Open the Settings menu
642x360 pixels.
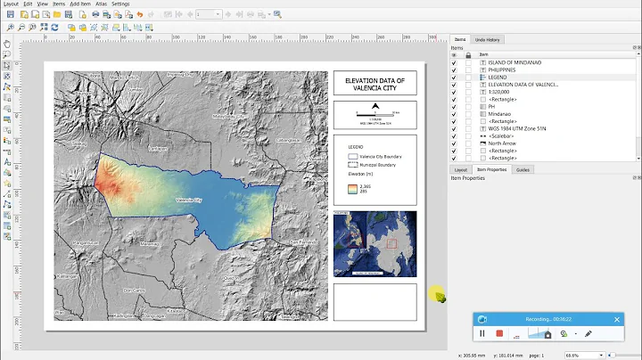[x=119, y=4]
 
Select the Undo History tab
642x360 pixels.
[x=487, y=39]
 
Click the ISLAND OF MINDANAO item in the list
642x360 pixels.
[x=514, y=62]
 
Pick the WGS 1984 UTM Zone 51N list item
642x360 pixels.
[x=517, y=128]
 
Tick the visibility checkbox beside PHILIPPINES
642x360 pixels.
[x=454, y=70]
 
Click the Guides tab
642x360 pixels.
[x=523, y=169]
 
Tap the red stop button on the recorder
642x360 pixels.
[x=500, y=333]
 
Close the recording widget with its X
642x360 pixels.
[x=615, y=318]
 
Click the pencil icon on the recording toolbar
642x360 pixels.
[x=588, y=333]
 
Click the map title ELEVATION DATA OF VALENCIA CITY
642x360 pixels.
[x=374, y=84]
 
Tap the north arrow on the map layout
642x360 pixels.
[x=375, y=108]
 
